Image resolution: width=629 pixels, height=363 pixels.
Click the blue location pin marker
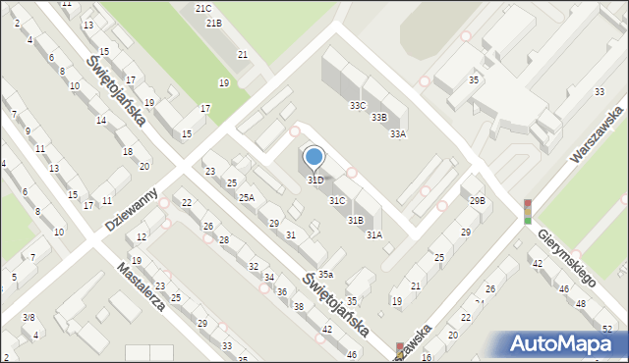314,157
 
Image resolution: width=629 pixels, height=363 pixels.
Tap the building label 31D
315,181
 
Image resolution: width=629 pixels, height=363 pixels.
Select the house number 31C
337,201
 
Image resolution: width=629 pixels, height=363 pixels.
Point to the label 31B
356,221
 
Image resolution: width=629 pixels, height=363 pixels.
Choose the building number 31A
374,235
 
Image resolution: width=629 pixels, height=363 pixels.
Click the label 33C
358,105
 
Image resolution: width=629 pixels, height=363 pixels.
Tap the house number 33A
398,134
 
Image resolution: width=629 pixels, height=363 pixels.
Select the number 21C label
203,8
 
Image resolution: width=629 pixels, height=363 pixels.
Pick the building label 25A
246,198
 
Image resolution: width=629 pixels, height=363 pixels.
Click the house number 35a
324,275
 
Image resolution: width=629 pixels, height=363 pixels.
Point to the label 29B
477,201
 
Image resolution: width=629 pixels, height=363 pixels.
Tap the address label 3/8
29,317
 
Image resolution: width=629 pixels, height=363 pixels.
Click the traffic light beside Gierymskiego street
528,211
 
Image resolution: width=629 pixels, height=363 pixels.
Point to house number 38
299,308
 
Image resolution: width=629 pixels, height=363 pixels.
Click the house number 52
608,329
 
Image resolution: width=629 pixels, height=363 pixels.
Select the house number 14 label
101,121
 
